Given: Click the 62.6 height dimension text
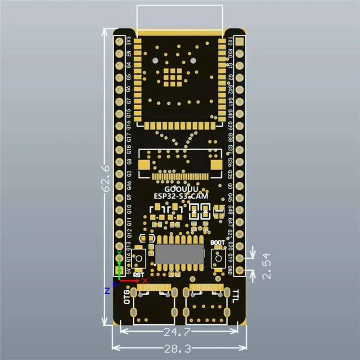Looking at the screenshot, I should click(104, 177).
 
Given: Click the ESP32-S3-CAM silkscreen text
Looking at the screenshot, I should click(179, 197).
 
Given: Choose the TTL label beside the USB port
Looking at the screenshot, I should click(235, 297).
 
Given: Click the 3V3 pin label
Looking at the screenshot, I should click(129, 41).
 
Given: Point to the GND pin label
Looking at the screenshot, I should click(230, 270).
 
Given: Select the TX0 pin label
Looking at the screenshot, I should click(230, 41).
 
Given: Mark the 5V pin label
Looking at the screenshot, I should click(129, 271).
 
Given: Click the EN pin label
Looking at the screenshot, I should click(129, 53).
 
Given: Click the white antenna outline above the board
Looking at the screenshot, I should click(180, 18).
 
